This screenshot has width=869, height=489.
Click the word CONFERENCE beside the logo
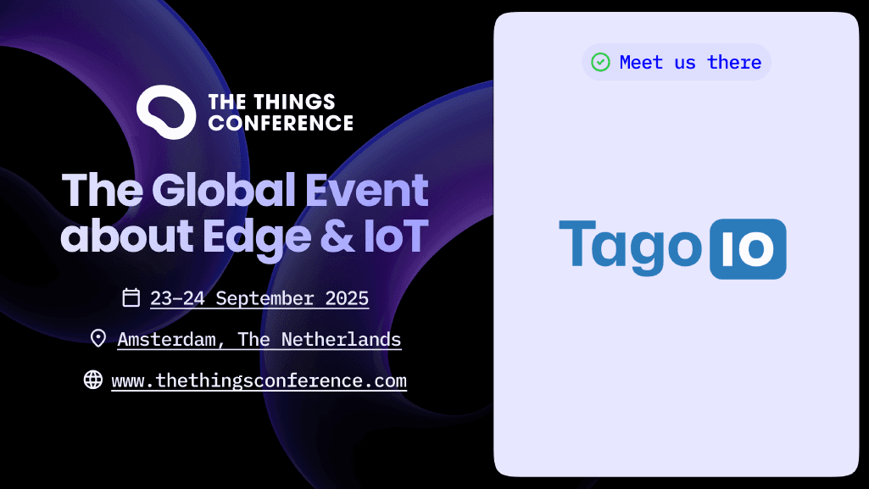[x=281, y=124]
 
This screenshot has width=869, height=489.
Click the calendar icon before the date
[x=131, y=297]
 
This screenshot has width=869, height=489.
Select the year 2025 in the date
[x=347, y=298]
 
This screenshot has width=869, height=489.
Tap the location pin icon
[x=98, y=339]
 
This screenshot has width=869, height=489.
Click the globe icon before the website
[x=93, y=380]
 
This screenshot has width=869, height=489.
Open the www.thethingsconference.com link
[x=259, y=381]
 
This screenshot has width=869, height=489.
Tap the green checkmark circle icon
[x=600, y=62]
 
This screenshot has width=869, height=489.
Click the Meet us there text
[x=690, y=62]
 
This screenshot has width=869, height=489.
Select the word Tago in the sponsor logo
[x=630, y=247]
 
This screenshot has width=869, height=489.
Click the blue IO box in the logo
[x=747, y=249]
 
